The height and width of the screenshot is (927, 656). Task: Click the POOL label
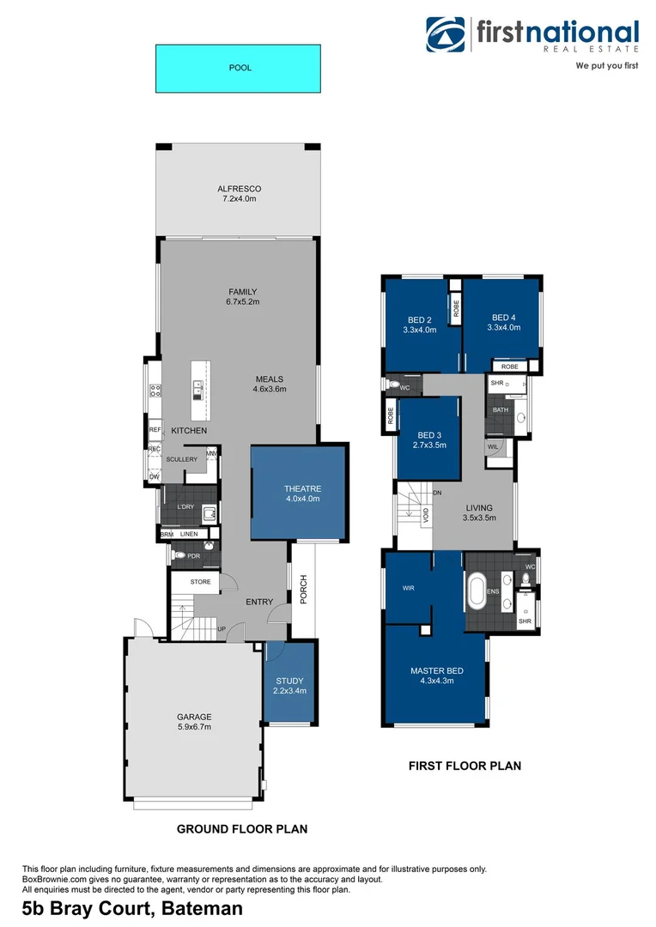240,67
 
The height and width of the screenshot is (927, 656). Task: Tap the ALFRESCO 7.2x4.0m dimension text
239,199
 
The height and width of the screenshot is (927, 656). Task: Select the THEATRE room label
302,489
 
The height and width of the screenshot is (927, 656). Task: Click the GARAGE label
193,717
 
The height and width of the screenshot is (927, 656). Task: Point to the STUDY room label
289,681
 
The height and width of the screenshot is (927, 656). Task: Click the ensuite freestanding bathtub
477,591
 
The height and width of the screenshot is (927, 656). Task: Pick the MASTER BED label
437,670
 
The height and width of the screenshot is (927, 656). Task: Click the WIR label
409,589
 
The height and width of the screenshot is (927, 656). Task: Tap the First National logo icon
446,34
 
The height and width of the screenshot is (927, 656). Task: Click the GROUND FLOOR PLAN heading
241,829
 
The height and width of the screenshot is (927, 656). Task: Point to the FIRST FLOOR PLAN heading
465,766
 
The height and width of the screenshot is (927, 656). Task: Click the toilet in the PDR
179,555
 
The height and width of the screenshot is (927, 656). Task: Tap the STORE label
200,582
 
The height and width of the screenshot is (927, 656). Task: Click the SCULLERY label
181,459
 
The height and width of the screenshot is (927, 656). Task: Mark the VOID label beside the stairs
426,515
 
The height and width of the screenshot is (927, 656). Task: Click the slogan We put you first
607,65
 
